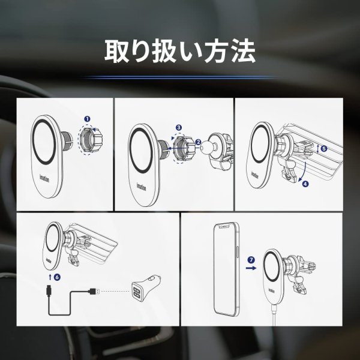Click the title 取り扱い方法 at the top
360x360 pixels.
pos(180,51)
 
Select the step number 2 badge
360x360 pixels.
pos(197,142)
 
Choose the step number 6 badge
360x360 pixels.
pos(56,278)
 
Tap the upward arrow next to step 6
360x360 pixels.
pos(48,278)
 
